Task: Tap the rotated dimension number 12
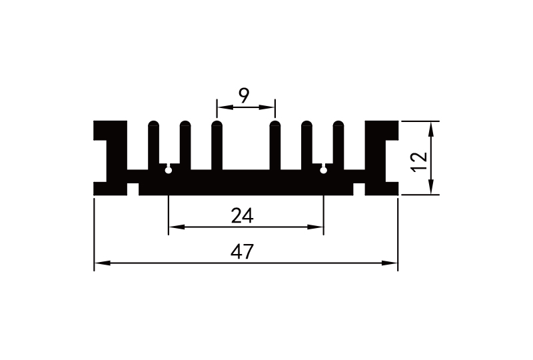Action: pos(419,161)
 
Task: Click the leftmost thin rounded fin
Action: pos(154,143)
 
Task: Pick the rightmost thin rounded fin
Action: pos(338,143)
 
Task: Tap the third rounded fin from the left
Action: pos(216,143)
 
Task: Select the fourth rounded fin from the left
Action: pos(274,143)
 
